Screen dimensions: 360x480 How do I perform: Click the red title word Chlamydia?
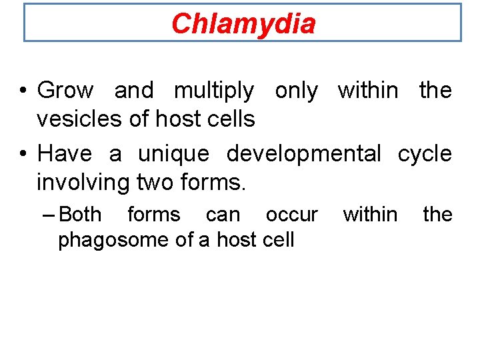click(243, 24)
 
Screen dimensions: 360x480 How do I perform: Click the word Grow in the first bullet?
click(65, 90)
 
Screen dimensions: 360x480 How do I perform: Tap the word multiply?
click(213, 90)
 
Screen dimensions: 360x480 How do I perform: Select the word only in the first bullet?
click(296, 90)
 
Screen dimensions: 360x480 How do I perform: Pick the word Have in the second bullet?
click(64, 153)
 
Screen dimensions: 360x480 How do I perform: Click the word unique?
click(173, 153)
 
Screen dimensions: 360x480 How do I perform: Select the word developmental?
click(303, 154)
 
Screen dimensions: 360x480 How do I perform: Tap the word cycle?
click(425, 154)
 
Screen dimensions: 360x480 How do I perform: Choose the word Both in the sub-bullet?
click(80, 215)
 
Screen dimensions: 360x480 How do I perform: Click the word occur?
click(291, 215)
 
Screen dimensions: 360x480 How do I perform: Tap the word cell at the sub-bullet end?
click(279, 240)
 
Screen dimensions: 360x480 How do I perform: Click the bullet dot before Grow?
click(23, 91)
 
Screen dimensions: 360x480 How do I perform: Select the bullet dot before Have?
click(23, 154)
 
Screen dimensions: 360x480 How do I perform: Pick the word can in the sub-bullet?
click(222, 215)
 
